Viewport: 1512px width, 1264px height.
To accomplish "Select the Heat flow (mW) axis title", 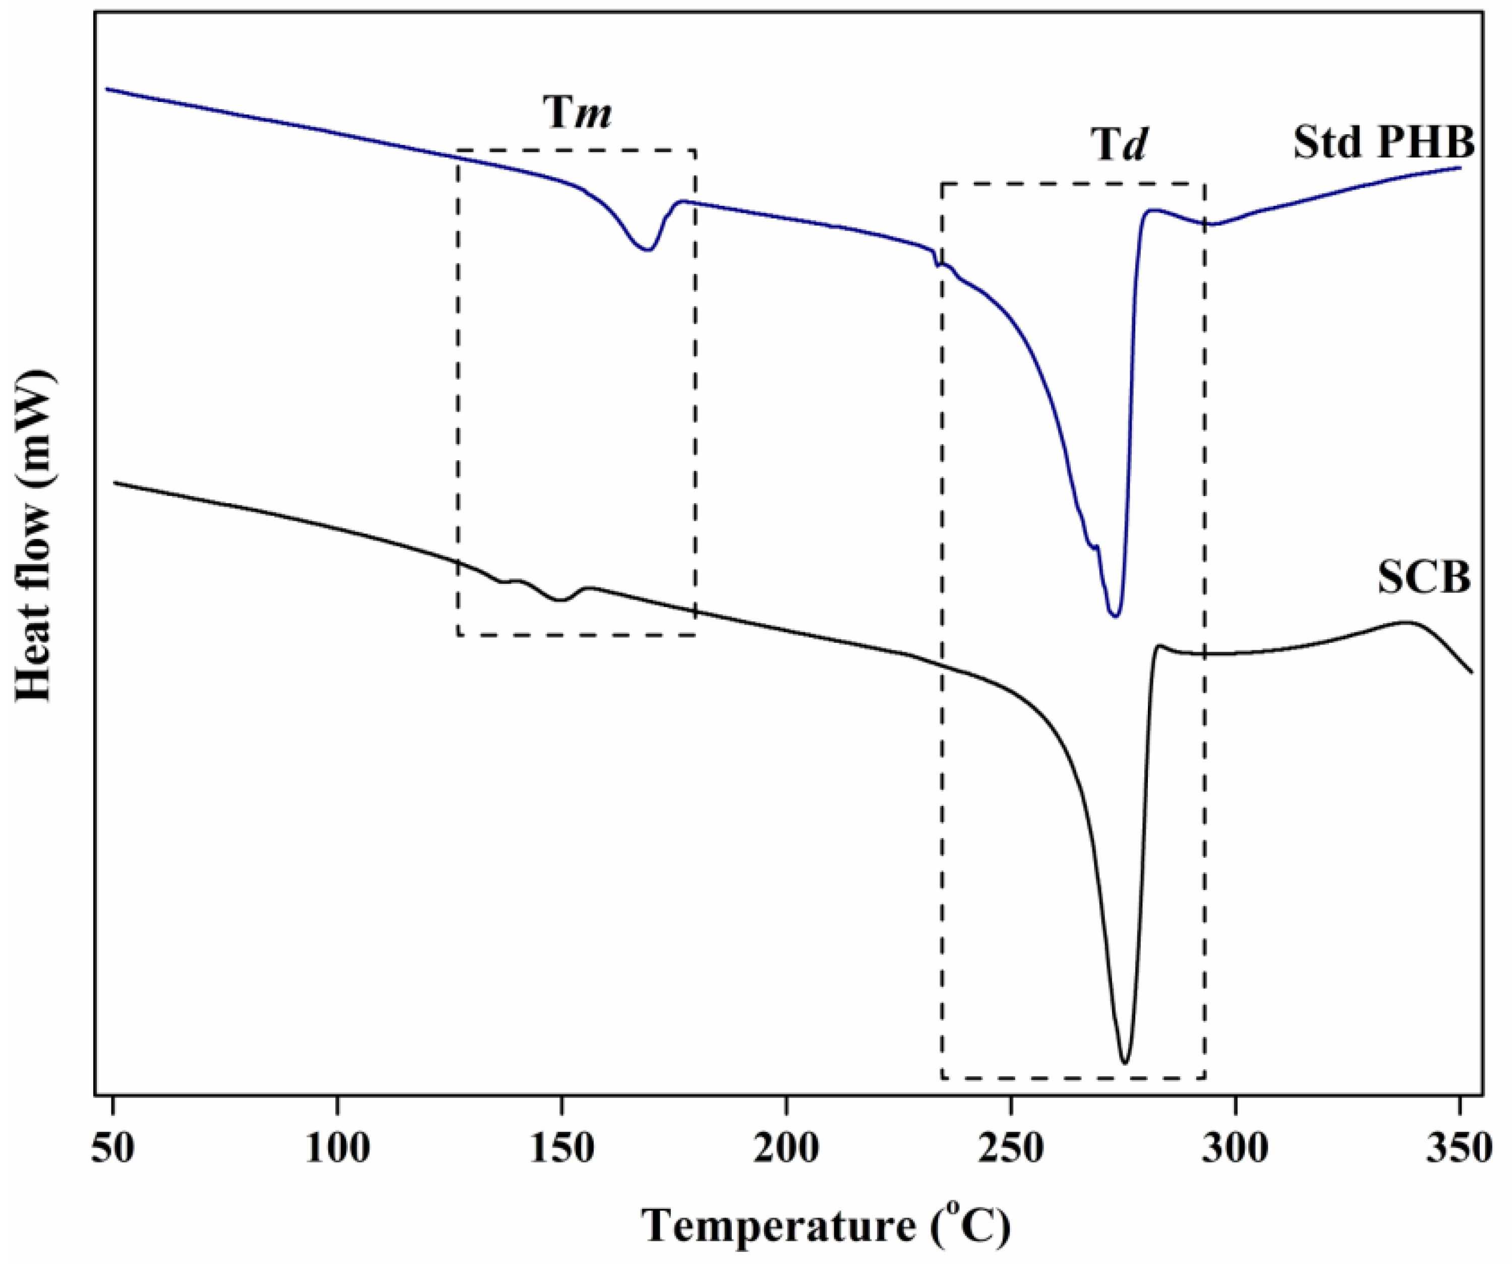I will pos(35,536).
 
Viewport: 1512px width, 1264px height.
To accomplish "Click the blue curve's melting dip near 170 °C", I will pos(647,249).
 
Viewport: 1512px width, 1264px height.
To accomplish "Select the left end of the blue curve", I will pos(107,89).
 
